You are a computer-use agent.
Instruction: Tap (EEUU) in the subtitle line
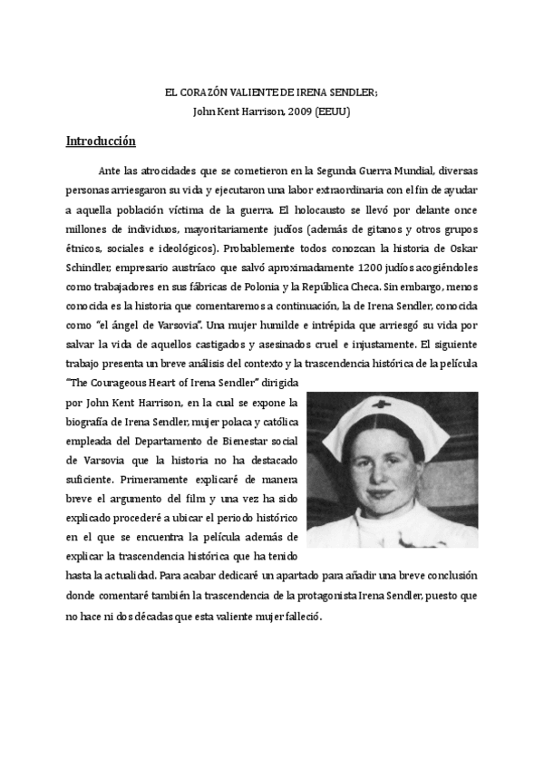335,112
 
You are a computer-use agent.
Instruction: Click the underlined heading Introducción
101,141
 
